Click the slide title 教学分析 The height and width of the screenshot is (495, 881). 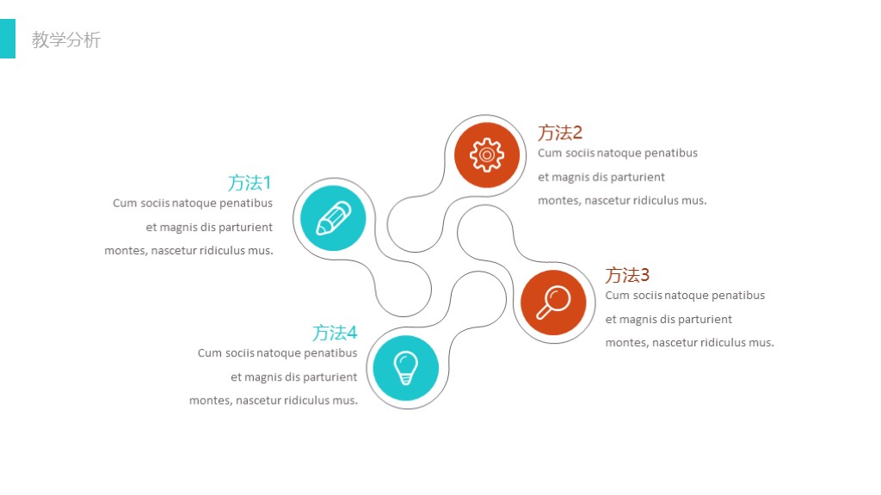66,40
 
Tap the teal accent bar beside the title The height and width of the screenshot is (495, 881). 7,39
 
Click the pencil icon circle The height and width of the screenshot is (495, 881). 333,218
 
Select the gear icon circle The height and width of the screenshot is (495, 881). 487,155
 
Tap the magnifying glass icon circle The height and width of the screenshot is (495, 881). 553,302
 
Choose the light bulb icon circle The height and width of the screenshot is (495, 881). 406,368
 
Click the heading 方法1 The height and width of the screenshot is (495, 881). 250,183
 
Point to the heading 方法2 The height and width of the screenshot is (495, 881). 560,133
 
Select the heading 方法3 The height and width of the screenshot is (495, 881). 627,275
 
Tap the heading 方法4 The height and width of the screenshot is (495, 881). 335,333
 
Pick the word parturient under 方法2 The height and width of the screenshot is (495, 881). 638,177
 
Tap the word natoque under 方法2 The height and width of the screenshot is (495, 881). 619,153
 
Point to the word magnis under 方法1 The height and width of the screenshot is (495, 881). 179,228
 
